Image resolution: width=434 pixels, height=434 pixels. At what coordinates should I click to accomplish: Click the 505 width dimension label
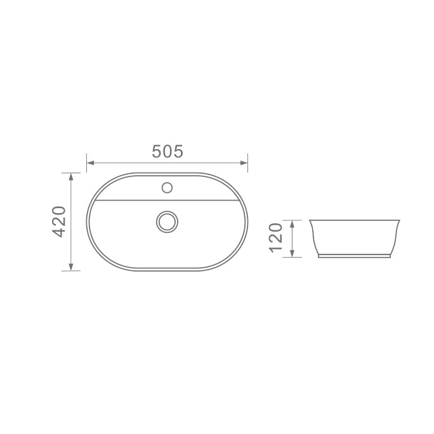coord(168,152)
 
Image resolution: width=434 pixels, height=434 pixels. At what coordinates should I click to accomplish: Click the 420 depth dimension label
coord(59,221)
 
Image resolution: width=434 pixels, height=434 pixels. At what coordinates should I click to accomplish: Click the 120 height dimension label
coord(275,238)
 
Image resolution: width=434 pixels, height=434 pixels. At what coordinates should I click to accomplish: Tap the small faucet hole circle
coord(167,188)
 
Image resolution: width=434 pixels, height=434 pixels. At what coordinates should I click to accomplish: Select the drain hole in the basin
coord(167,221)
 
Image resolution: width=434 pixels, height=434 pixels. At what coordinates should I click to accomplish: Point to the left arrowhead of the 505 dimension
coord(91,162)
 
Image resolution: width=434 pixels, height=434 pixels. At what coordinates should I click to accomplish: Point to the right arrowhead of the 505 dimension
coord(244,162)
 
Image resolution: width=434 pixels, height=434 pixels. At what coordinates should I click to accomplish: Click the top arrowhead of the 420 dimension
coord(71,176)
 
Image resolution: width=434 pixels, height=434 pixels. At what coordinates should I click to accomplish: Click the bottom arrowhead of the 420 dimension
coord(71,267)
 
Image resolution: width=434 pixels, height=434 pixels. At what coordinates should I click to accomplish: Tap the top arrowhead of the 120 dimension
coord(292,224)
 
